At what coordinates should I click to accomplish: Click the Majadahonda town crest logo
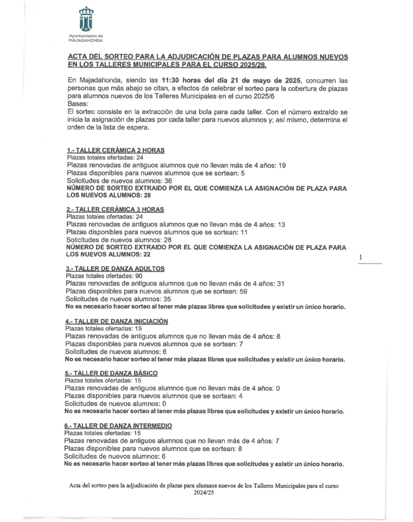[x=86, y=20]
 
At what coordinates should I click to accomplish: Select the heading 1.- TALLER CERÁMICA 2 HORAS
[x=116, y=150]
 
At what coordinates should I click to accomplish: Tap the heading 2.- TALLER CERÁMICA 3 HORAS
[x=116, y=209]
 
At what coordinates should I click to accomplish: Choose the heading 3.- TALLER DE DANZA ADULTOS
[x=115, y=268]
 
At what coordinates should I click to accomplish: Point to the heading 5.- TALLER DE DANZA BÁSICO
[x=111, y=373]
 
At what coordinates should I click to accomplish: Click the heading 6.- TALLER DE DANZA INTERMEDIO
[x=118, y=426]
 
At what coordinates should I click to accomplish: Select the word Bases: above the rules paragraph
[x=78, y=104]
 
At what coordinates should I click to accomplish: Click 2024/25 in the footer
[x=204, y=492]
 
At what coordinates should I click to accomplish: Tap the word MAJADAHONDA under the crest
[x=86, y=40]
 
